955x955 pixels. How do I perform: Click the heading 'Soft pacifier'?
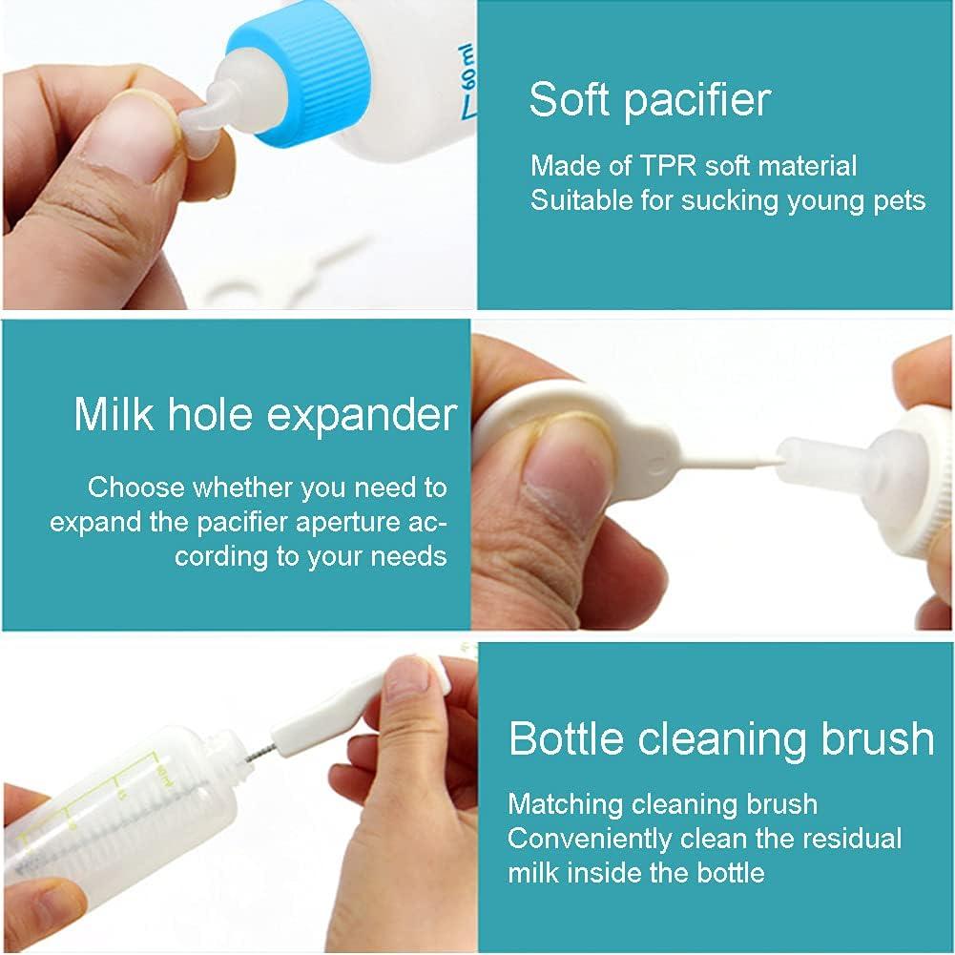pos(650,99)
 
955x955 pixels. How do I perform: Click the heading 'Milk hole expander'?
pos(265,415)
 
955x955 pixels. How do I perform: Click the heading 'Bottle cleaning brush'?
pos(721,739)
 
